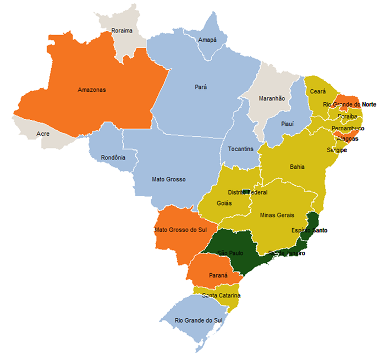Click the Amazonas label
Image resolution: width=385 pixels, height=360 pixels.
click(91, 90)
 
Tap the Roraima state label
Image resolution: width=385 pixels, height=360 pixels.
click(122, 31)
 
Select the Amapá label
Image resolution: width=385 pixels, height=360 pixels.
click(207, 40)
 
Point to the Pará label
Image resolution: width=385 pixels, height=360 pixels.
click(201, 87)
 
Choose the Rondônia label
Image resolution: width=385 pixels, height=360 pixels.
click(113, 158)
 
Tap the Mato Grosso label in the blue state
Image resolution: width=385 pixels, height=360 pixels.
click(169, 179)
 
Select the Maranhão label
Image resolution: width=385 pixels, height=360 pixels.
click(272, 98)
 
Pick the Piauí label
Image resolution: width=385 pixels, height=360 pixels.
click(287, 124)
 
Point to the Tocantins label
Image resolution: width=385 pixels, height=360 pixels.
click(240, 149)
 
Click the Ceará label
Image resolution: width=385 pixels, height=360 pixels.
click(318, 91)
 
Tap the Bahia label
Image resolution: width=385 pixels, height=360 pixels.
click(297, 167)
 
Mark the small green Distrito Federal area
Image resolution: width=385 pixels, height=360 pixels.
click(246, 192)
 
